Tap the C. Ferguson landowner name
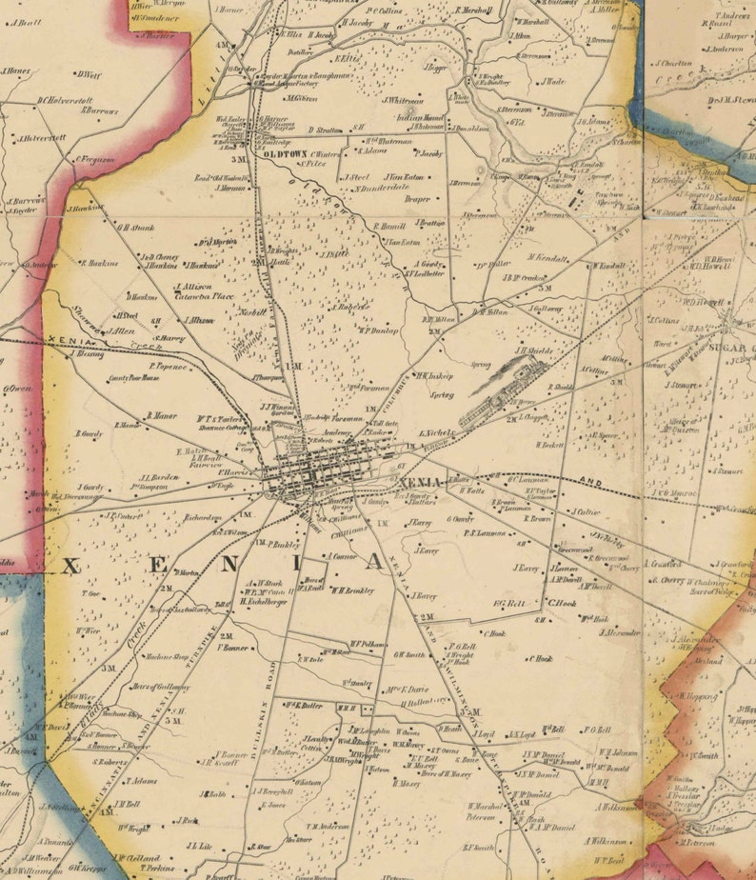point(96,160)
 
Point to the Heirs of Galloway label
point(155,687)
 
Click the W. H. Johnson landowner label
point(618,752)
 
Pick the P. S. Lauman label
point(485,533)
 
